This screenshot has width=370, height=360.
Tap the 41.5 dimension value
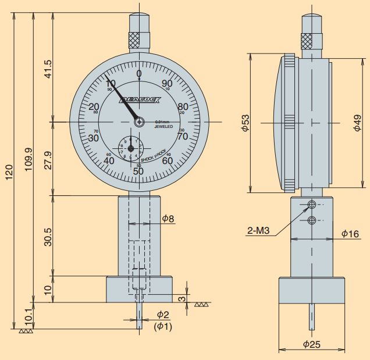tap(48, 69)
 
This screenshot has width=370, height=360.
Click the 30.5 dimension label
tap(48, 236)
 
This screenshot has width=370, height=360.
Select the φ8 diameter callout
tap(168, 218)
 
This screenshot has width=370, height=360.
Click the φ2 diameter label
tap(162, 315)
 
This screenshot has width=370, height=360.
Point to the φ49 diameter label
tap(357, 123)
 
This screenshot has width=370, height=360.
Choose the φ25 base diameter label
tap(313, 344)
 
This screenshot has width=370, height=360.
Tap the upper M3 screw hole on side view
tap(312, 205)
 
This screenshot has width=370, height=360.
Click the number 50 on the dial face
tap(138, 170)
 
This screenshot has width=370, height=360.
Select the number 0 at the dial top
tap(138, 74)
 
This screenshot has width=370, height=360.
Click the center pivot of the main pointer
tap(139, 122)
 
